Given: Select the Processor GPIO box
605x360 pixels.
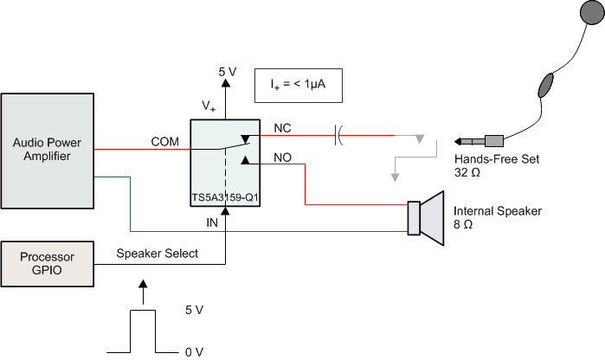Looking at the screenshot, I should pos(47,264).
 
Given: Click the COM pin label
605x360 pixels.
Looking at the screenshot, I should pos(164,141).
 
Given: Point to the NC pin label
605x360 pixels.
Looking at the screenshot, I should pos(282,128).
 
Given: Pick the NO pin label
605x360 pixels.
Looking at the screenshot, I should pos(282,157).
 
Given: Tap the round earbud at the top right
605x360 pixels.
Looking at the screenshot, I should pos(593,12).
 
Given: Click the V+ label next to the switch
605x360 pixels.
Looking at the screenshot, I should pos(209,106).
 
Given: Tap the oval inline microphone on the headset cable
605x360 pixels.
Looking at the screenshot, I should pos(545,85).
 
